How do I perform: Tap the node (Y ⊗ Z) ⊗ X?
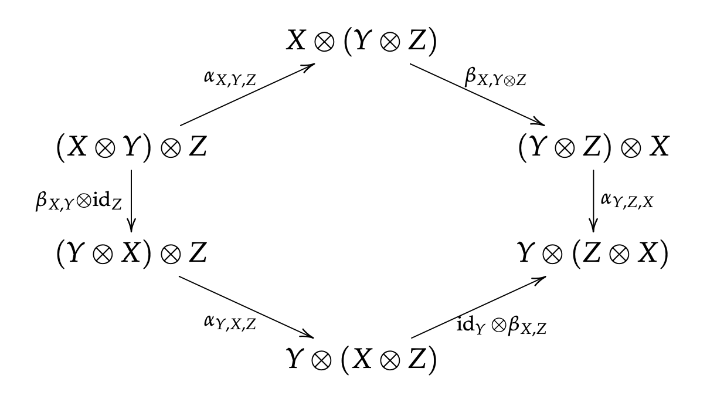click(x=593, y=148)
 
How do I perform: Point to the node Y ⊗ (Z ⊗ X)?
click(x=593, y=254)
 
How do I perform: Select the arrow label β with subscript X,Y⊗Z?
click(x=495, y=78)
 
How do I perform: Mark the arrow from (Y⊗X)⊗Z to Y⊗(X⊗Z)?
click(x=246, y=306)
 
